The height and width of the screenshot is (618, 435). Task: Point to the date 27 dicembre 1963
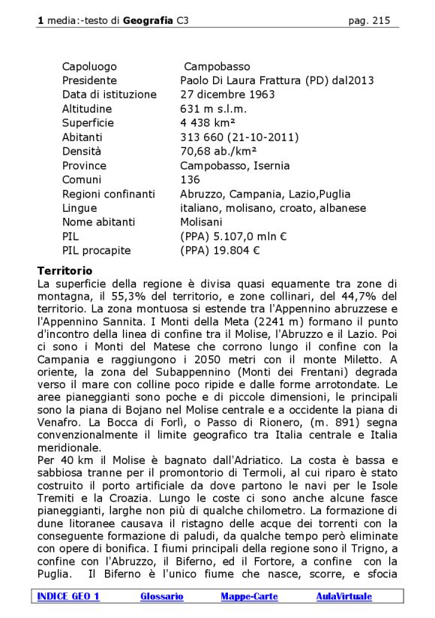coord(227,95)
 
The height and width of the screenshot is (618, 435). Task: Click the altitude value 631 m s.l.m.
coord(213,109)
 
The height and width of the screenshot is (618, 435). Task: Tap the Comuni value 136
coord(190,179)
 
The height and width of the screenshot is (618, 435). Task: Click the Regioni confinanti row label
coord(109,194)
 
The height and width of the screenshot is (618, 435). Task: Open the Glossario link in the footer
coord(162,596)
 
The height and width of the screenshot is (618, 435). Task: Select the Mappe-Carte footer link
coord(249,596)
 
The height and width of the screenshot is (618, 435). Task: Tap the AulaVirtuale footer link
coord(343,596)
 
